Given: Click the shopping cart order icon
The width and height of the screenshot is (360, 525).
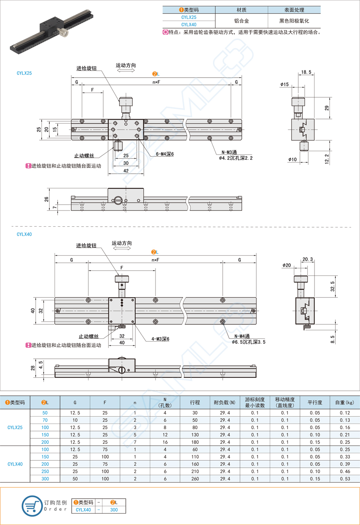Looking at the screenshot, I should [x=32, y=506].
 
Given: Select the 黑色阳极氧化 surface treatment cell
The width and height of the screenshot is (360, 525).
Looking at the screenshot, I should [x=294, y=21].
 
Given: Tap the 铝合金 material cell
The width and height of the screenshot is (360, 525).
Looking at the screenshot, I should [x=241, y=21].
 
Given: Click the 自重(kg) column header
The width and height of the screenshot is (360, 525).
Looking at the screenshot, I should [x=345, y=402].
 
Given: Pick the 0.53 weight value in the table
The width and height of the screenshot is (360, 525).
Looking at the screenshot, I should [x=345, y=479].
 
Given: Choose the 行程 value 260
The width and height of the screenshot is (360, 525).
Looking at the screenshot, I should [x=195, y=479].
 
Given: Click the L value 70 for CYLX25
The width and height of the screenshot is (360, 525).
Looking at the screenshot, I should [x=45, y=420].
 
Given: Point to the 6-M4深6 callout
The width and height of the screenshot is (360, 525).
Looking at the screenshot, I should [x=165, y=154].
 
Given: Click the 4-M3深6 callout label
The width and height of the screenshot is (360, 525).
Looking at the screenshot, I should [x=160, y=339].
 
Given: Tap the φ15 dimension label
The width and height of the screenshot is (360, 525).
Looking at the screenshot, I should [x=284, y=85].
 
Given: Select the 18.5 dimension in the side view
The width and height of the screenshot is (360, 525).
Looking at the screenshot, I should [x=306, y=72].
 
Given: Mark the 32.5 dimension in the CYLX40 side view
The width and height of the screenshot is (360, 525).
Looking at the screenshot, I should [x=333, y=286].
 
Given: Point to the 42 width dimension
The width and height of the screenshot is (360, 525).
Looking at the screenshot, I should [x=126, y=171].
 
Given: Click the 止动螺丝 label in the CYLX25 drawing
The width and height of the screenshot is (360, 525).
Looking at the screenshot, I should [x=84, y=156].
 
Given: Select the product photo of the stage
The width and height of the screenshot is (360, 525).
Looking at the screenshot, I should [x=51, y=33].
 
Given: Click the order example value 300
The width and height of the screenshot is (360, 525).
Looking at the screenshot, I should [x=114, y=510].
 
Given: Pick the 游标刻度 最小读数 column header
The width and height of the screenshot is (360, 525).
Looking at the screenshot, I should [x=254, y=402].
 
